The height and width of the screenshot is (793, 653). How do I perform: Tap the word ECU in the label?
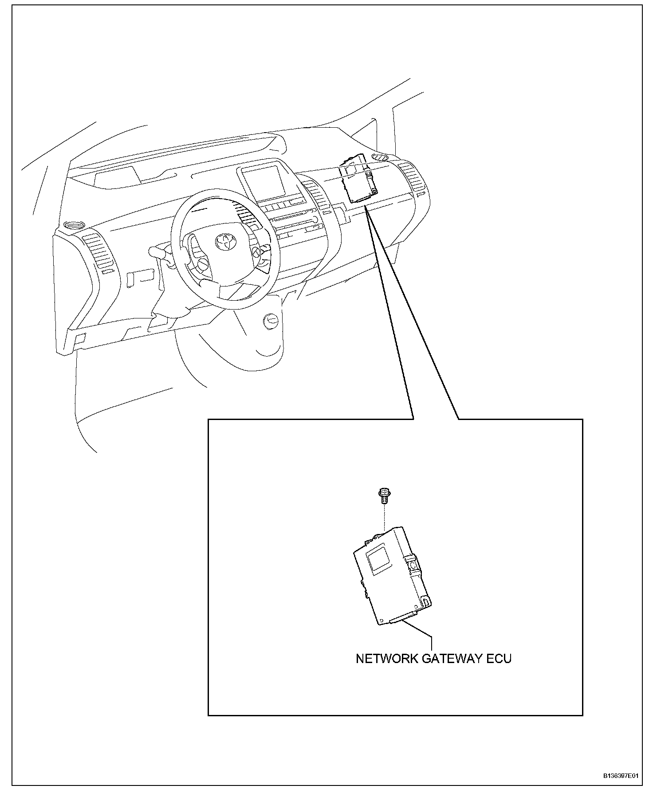(499, 659)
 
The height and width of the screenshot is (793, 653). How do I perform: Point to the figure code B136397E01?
(620, 776)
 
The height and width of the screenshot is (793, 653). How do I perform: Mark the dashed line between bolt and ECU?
(383, 517)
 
